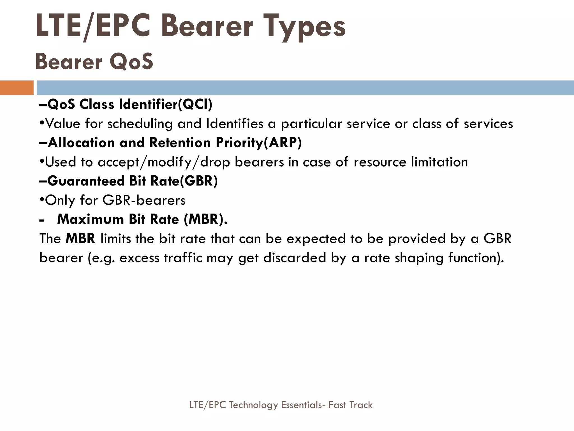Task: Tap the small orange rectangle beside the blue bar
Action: coord(17,88)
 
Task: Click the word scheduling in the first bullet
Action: coord(140,124)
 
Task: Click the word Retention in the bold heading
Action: coord(180,143)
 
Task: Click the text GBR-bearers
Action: coord(144,200)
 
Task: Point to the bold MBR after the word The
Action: coord(80,239)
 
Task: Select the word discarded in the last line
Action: coord(295,258)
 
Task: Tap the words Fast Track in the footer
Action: coord(350,405)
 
